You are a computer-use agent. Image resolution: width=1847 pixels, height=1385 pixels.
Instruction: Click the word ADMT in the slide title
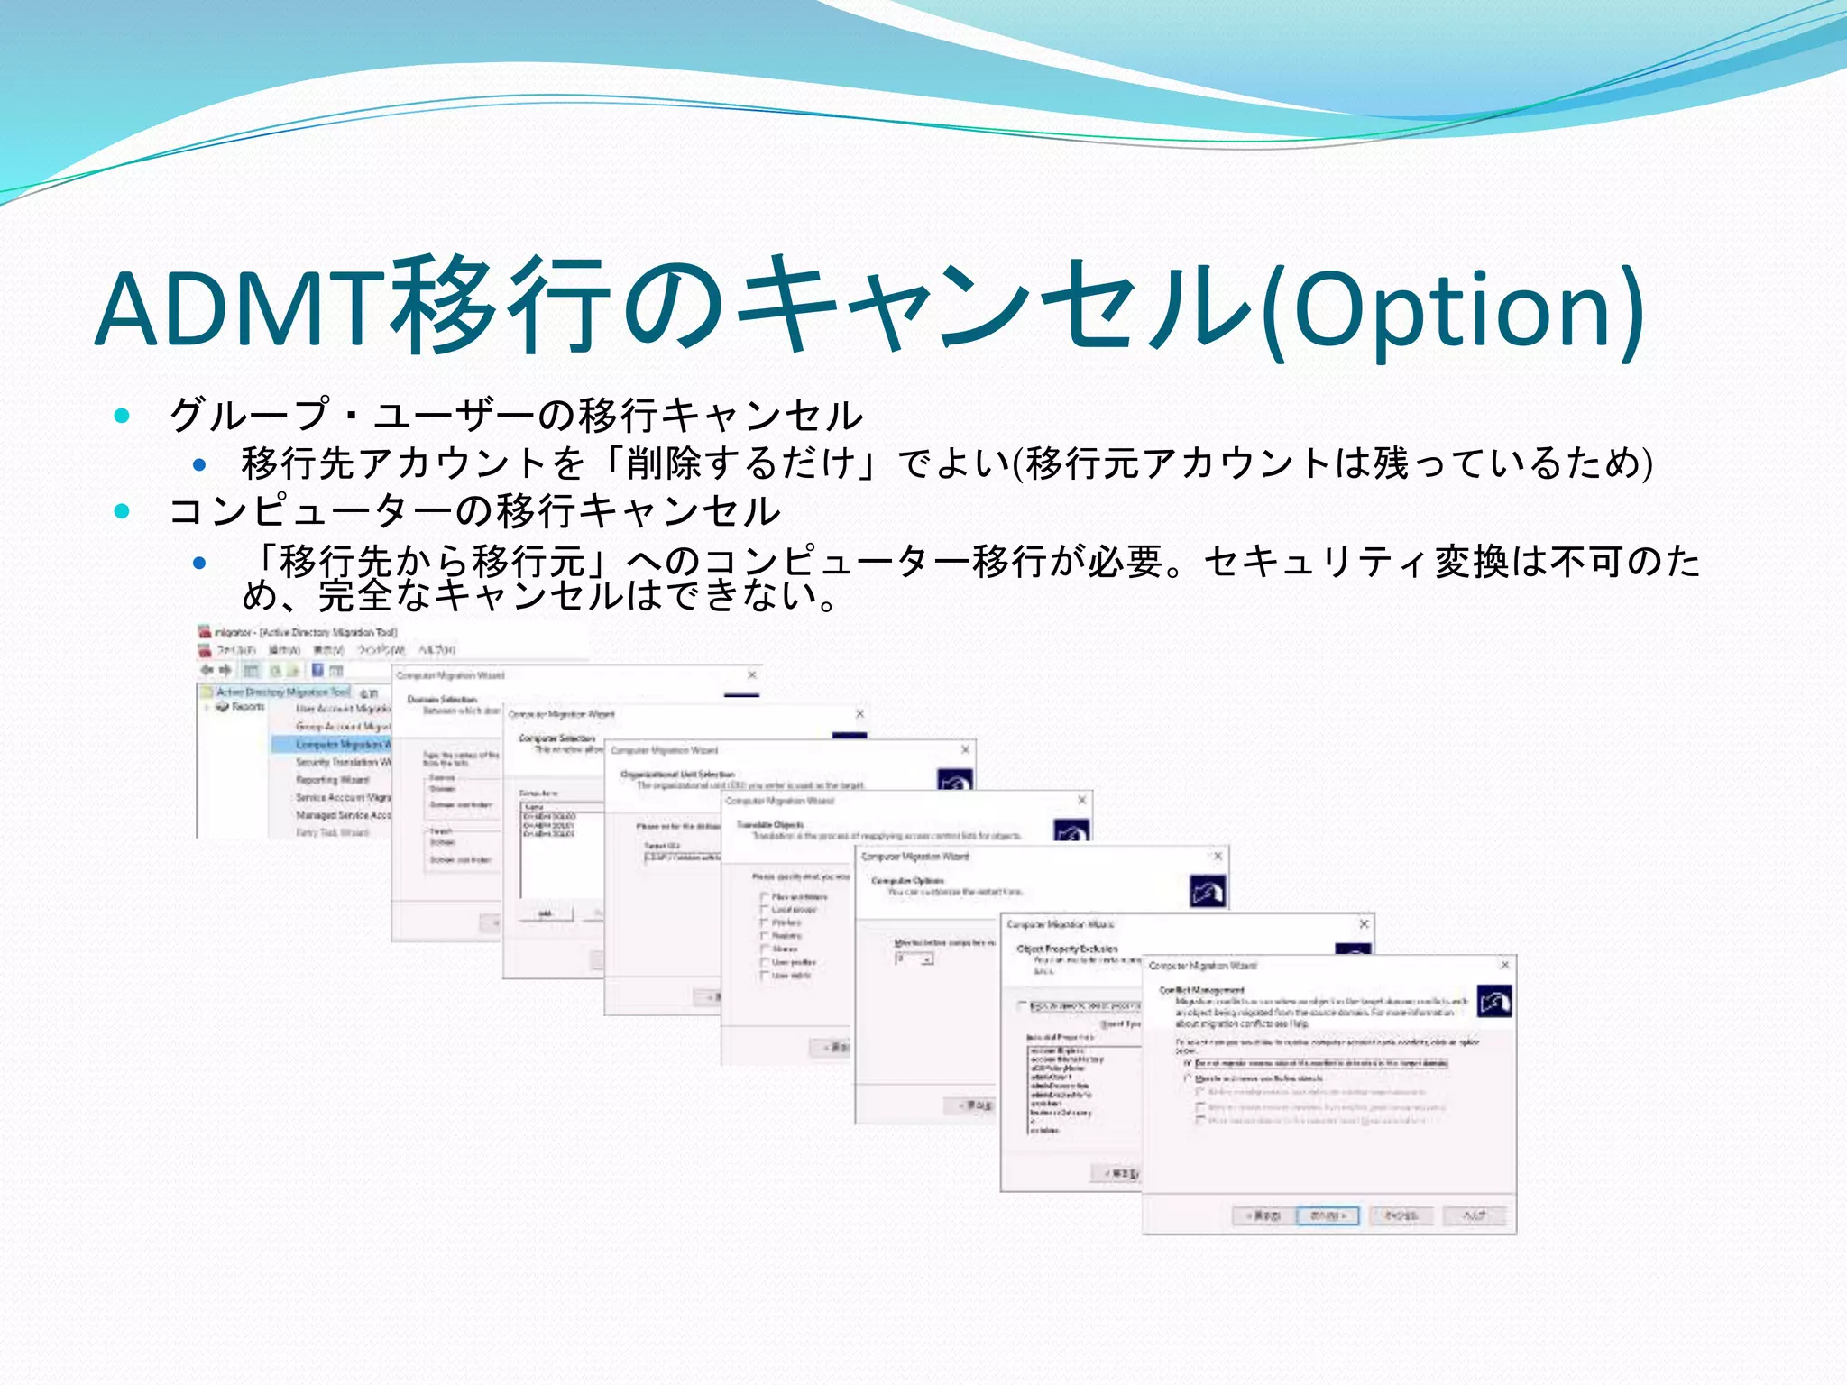[x=244, y=309]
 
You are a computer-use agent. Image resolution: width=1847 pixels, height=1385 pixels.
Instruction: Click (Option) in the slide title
[x=1452, y=309]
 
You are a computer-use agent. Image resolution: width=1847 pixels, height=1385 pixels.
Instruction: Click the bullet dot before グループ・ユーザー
[x=123, y=416]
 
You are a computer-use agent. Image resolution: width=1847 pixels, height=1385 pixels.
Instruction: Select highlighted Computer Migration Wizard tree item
[x=341, y=745]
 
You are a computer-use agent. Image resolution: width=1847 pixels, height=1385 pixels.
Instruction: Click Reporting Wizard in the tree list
[x=332, y=780]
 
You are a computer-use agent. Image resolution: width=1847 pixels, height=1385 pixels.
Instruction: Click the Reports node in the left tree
[x=246, y=707]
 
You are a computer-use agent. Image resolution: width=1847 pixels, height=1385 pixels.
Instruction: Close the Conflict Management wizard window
[x=1504, y=965]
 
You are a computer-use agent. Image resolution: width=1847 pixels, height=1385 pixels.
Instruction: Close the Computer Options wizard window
[x=1218, y=856]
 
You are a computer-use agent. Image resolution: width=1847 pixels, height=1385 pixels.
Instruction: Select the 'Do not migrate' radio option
[x=1188, y=1064]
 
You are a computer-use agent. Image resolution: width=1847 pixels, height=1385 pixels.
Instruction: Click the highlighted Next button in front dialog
[x=1327, y=1215]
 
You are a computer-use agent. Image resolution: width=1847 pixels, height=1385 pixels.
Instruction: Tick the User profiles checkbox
[x=764, y=963]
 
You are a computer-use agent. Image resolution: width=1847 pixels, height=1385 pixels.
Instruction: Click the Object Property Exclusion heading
[x=1067, y=949]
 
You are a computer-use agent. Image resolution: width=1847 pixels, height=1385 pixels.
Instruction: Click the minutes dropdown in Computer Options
[x=914, y=958]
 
